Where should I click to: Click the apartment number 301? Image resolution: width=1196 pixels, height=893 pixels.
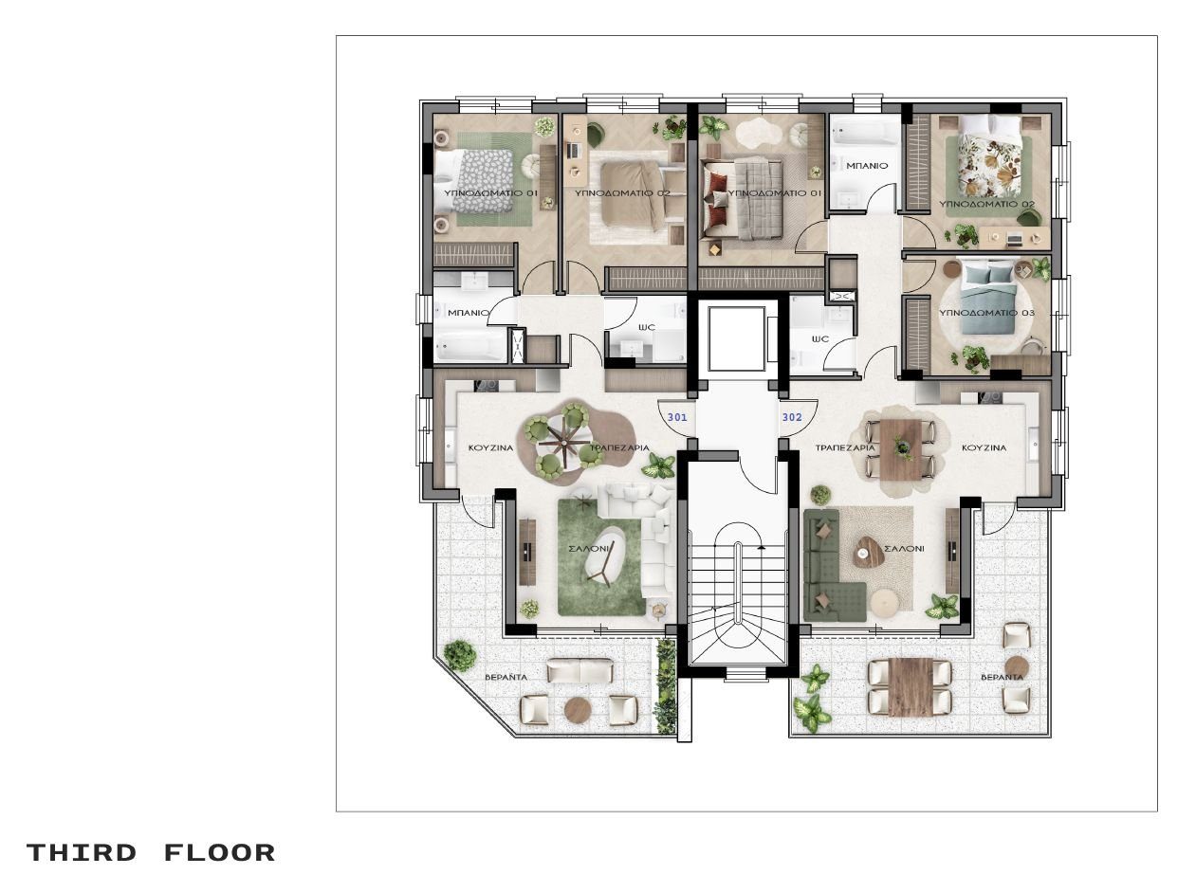[677, 418]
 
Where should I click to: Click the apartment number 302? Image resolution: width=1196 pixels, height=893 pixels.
[792, 417]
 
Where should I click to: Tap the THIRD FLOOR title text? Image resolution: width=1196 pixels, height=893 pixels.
[151, 852]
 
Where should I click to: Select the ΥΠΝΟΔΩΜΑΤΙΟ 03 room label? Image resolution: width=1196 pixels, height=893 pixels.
[986, 313]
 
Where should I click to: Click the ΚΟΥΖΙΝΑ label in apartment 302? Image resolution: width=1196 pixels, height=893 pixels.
[984, 447]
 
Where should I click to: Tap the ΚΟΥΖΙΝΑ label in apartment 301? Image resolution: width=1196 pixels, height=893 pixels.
[491, 448]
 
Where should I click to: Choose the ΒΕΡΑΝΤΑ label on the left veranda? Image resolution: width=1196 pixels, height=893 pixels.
[506, 678]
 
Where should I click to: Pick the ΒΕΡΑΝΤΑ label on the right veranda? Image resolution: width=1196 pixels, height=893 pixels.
[1002, 678]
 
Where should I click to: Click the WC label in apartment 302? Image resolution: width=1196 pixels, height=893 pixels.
[820, 338]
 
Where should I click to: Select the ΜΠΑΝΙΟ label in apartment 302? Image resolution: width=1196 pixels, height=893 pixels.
[867, 166]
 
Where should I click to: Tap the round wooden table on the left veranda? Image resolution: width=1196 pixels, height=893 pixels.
[578, 709]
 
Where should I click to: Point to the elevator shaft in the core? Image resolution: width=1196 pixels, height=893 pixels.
[736, 338]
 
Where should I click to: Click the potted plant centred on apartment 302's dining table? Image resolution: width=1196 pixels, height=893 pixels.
[903, 448]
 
